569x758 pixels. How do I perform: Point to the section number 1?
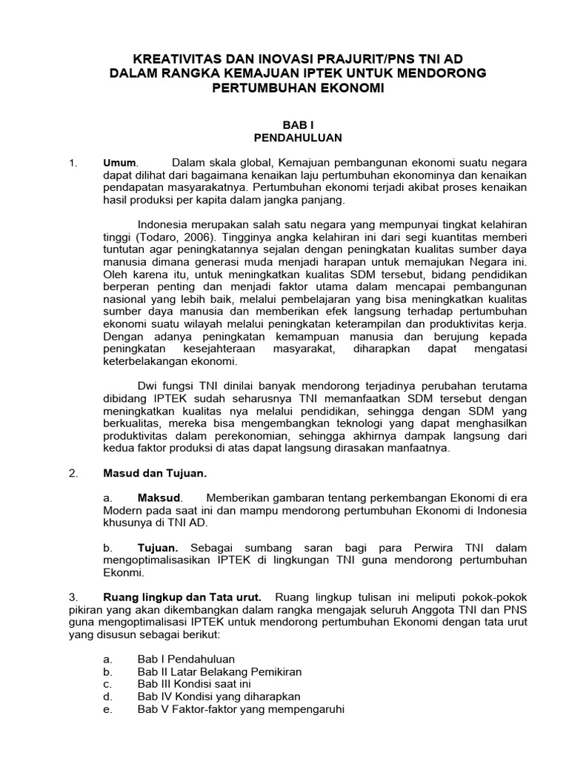pos(72,163)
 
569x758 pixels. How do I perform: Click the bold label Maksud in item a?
pos(159,498)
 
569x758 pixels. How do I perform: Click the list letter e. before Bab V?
pos(107,709)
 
